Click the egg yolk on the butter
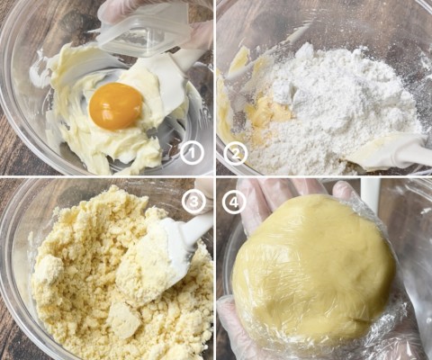pyautogui.click(x=116, y=106)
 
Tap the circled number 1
pyautogui.click(x=193, y=154)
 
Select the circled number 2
pyautogui.click(x=236, y=154)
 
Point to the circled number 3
pyautogui.click(x=193, y=202)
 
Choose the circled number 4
pyautogui.click(x=234, y=202)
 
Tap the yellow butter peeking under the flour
pyautogui.click(x=270, y=111)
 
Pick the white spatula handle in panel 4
pyautogui.click(x=371, y=195)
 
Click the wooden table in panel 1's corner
pyautogui.click(x=12, y=150)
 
